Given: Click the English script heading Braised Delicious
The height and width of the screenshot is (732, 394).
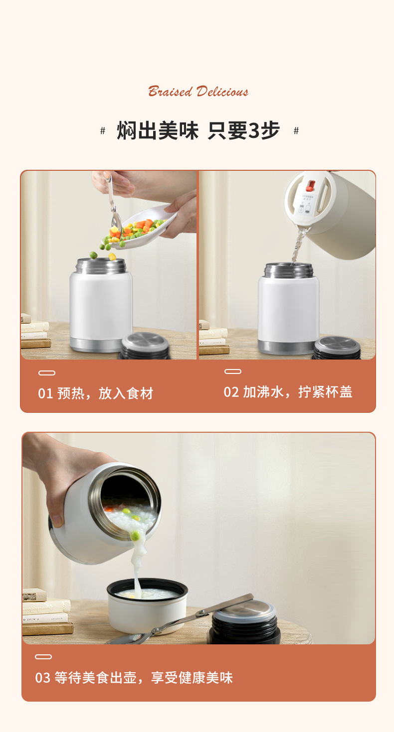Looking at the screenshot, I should (x=198, y=92).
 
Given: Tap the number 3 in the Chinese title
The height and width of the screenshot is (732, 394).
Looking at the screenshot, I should (x=254, y=131).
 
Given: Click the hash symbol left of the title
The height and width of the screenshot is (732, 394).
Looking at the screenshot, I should (x=103, y=131).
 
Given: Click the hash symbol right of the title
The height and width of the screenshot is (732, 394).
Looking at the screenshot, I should (x=296, y=131).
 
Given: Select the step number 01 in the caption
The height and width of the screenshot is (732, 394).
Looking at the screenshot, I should (x=45, y=393).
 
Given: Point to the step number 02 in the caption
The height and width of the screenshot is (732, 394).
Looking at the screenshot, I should (x=231, y=392).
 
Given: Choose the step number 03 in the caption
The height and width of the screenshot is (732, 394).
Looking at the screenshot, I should (x=43, y=678).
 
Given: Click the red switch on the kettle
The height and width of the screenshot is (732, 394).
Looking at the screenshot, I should (x=311, y=186).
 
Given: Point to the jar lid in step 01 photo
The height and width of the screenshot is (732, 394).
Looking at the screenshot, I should (x=145, y=346).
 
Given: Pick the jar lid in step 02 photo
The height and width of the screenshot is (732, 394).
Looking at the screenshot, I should (x=337, y=348).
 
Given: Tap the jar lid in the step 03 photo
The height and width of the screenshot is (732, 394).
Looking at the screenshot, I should (x=244, y=622).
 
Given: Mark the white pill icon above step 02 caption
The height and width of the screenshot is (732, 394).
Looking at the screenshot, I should (x=233, y=371).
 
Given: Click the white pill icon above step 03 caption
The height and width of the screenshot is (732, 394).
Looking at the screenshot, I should (x=43, y=657).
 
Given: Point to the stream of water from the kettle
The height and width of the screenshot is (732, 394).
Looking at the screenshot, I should (x=298, y=244).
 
